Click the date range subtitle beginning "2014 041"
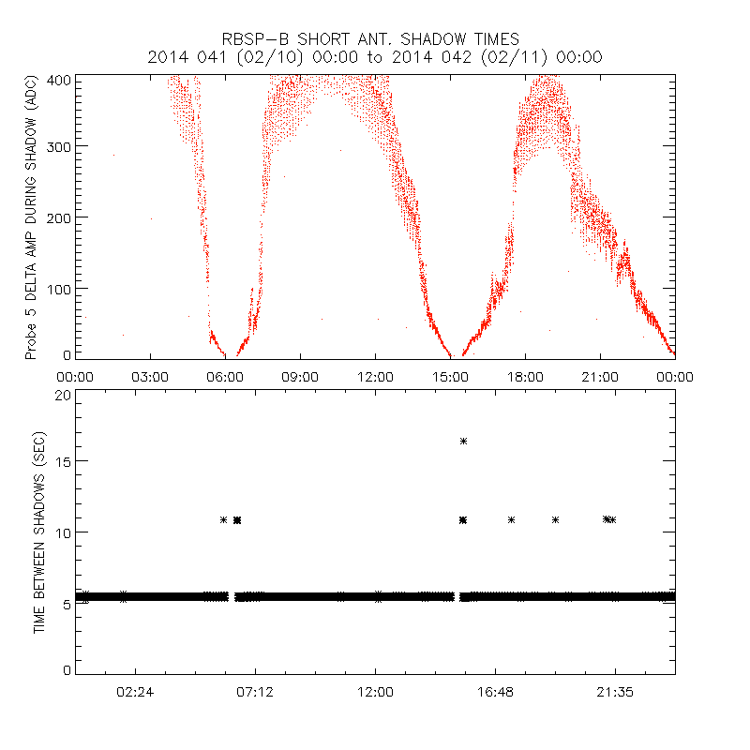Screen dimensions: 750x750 click(x=375, y=57)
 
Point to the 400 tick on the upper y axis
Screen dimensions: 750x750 click(x=59, y=80)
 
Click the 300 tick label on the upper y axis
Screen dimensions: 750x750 click(x=59, y=146)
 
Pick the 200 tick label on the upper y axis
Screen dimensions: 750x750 click(x=59, y=217)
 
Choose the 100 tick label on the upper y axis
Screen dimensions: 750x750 click(x=59, y=288)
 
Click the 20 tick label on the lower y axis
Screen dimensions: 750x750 click(x=63, y=395)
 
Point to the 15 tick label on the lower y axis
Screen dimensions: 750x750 click(x=63, y=461)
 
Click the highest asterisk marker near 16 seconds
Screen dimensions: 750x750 click(x=463, y=441)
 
